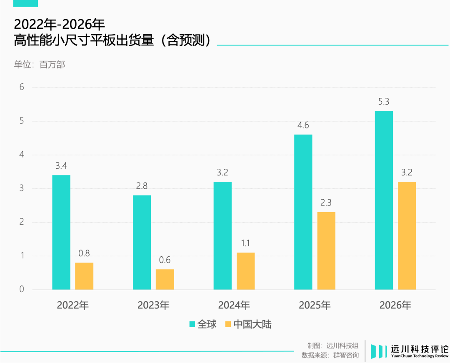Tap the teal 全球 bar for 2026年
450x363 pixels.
pos(384,200)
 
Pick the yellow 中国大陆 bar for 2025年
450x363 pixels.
pos(326,250)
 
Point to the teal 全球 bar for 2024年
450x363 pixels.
pos(222,235)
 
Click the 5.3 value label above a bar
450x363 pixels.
pos(383,101)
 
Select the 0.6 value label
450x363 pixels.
pos(165,260)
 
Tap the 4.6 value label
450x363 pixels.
pos(303,125)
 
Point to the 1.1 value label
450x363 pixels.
pos(245,243)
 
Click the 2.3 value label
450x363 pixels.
pos(326,203)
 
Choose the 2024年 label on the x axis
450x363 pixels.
pos(234,305)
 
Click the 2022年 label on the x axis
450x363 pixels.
pos(73,305)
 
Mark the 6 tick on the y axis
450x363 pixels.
pos(22,88)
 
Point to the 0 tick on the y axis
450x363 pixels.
pos(22,290)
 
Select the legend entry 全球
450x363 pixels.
pos(203,324)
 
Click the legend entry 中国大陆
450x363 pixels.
pos(248,324)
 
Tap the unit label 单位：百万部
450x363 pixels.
pos(40,65)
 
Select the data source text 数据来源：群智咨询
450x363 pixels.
pos(330,355)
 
